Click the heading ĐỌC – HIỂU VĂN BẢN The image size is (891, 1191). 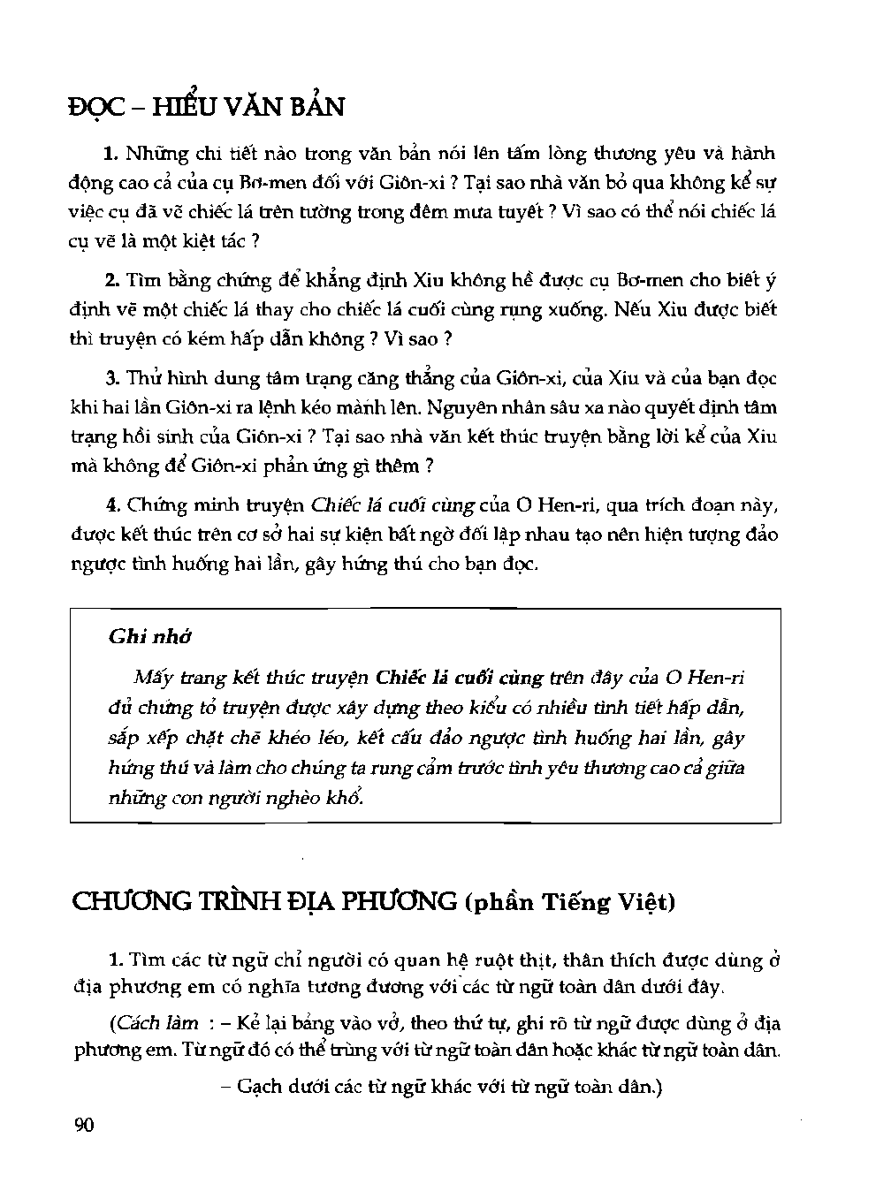pyautogui.click(x=206, y=107)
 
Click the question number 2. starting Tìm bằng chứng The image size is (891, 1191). pyautogui.click(x=111, y=281)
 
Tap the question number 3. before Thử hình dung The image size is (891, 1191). pyautogui.click(x=111, y=379)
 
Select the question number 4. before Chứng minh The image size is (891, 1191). pyautogui.click(x=111, y=505)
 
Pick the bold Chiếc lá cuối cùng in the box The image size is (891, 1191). pyautogui.click(x=459, y=679)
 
